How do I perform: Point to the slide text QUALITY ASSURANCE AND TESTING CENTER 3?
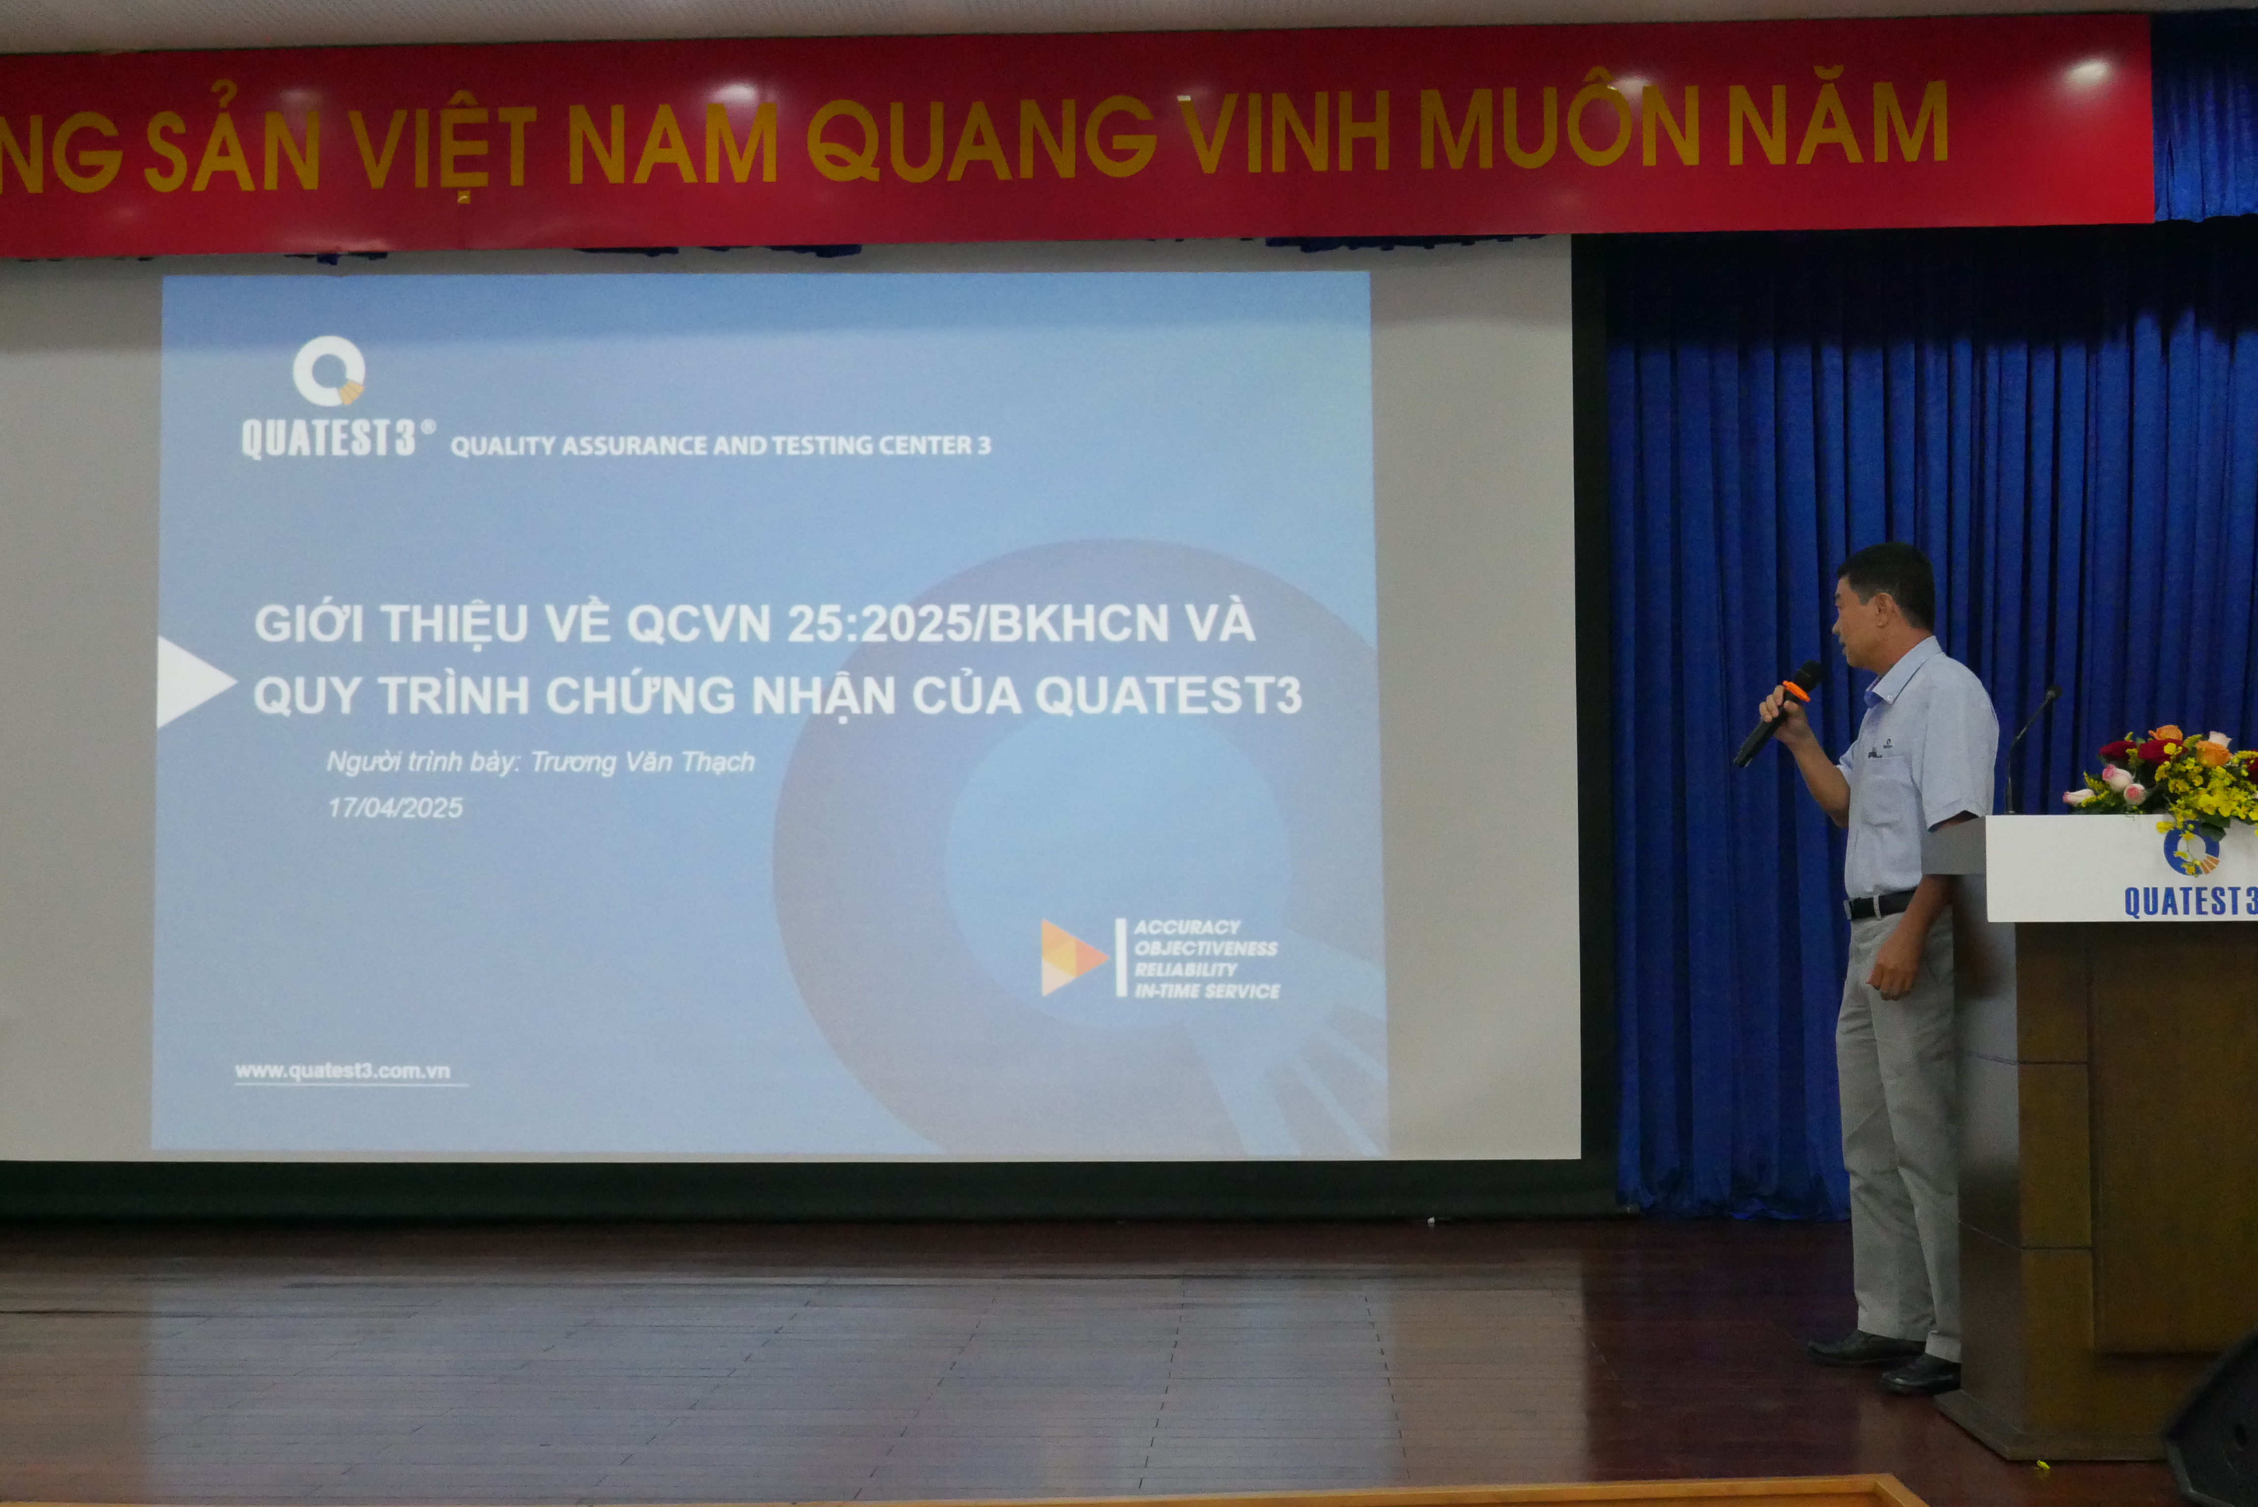721,445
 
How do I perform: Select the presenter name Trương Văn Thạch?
642,762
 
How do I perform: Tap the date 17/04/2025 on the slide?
395,807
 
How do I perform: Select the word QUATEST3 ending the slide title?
1168,696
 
